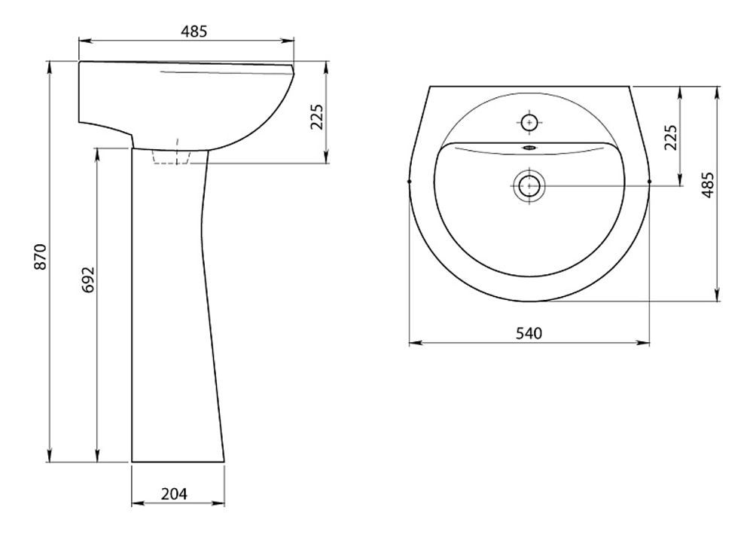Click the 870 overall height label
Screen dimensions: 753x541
click(x=41, y=257)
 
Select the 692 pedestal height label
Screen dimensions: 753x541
click(x=89, y=280)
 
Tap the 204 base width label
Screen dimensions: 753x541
click(x=174, y=494)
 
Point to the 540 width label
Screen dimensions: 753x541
click(x=529, y=333)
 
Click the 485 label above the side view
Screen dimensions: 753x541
click(x=194, y=31)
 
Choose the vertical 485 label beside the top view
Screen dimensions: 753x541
click(x=708, y=185)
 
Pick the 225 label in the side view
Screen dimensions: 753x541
click(x=318, y=117)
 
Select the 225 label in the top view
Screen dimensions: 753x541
click(x=671, y=137)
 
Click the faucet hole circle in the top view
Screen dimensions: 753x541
click(x=529, y=123)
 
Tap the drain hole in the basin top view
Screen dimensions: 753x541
click(x=529, y=185)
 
